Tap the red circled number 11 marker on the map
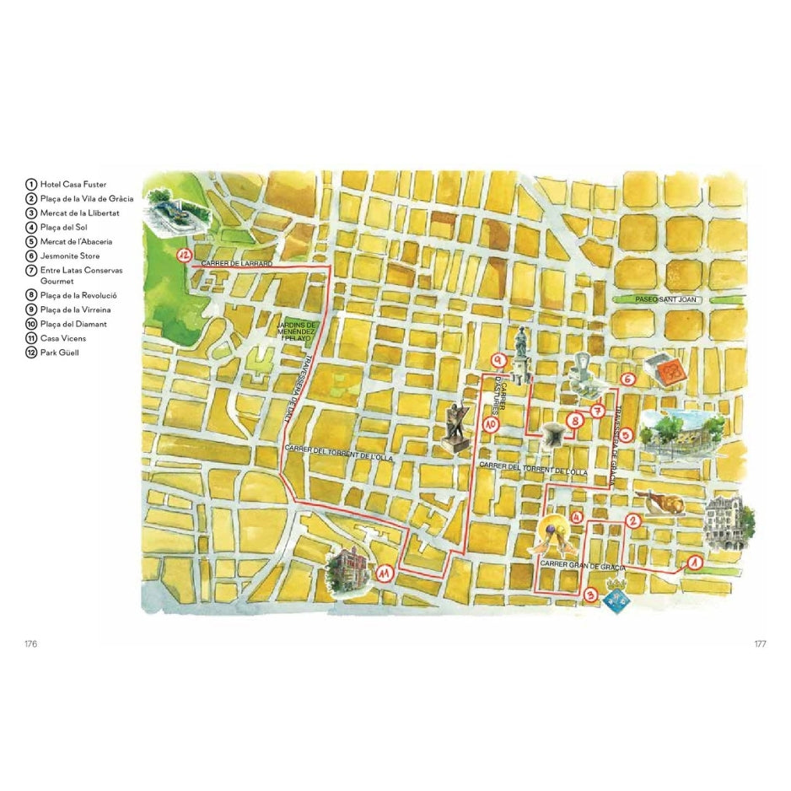coord(385,573)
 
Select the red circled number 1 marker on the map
coord(695,562)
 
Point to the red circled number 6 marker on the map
coord(627,379)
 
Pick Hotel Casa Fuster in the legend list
coord(67,184)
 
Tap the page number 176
coord(30,643)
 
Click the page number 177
coord(759,643)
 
